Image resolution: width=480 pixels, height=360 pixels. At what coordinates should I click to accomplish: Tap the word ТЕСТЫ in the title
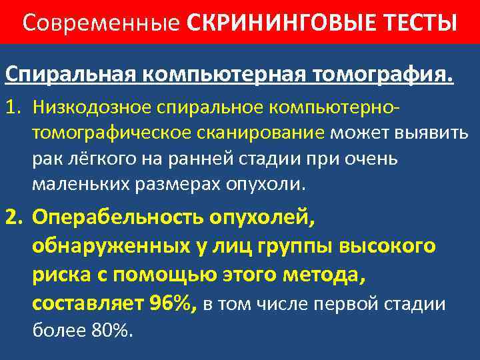(x=416, y=23)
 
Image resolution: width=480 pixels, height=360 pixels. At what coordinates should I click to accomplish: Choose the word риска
(x=61, y=275)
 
